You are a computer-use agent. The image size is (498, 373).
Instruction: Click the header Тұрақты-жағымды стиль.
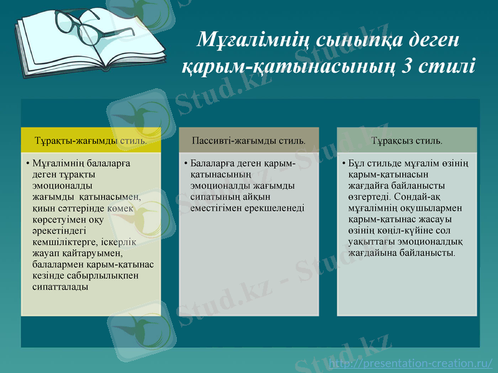pos(91,140)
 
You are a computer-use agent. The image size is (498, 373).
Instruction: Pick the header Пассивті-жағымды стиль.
pos(249,140)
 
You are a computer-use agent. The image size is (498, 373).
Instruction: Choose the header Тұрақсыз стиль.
pos(407,140)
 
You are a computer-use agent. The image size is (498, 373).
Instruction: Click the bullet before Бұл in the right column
pos(344,164)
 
